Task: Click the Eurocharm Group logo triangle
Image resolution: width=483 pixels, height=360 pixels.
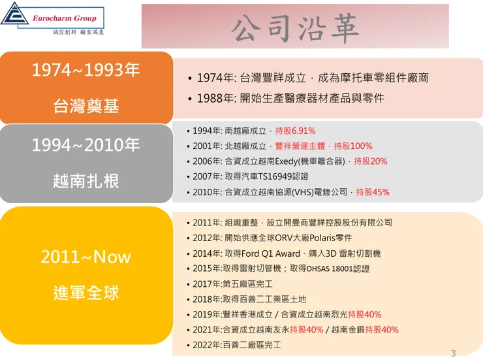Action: pos(15,15)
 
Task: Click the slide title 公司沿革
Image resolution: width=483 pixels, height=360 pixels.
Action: pos(295,27)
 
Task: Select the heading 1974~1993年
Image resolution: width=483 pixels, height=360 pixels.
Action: pos(86,71)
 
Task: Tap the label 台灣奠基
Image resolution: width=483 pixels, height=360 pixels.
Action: pos(86,105)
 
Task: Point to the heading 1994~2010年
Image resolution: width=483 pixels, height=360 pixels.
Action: pos(86,145)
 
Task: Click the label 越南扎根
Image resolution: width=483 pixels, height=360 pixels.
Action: pos(86,180)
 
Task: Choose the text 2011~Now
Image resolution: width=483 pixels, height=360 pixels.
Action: pos(86,257)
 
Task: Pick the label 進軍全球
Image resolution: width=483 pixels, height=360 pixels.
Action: pos(86,292)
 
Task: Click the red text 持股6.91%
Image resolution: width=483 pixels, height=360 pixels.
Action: pos(295,131)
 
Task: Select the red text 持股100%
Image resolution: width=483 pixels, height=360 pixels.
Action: pos(353,146)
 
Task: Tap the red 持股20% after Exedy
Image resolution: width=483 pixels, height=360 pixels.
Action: pos(370,161)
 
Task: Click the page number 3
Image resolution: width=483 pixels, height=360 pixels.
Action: pos(454,353)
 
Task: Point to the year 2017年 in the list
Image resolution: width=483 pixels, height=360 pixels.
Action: pos(208,284)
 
